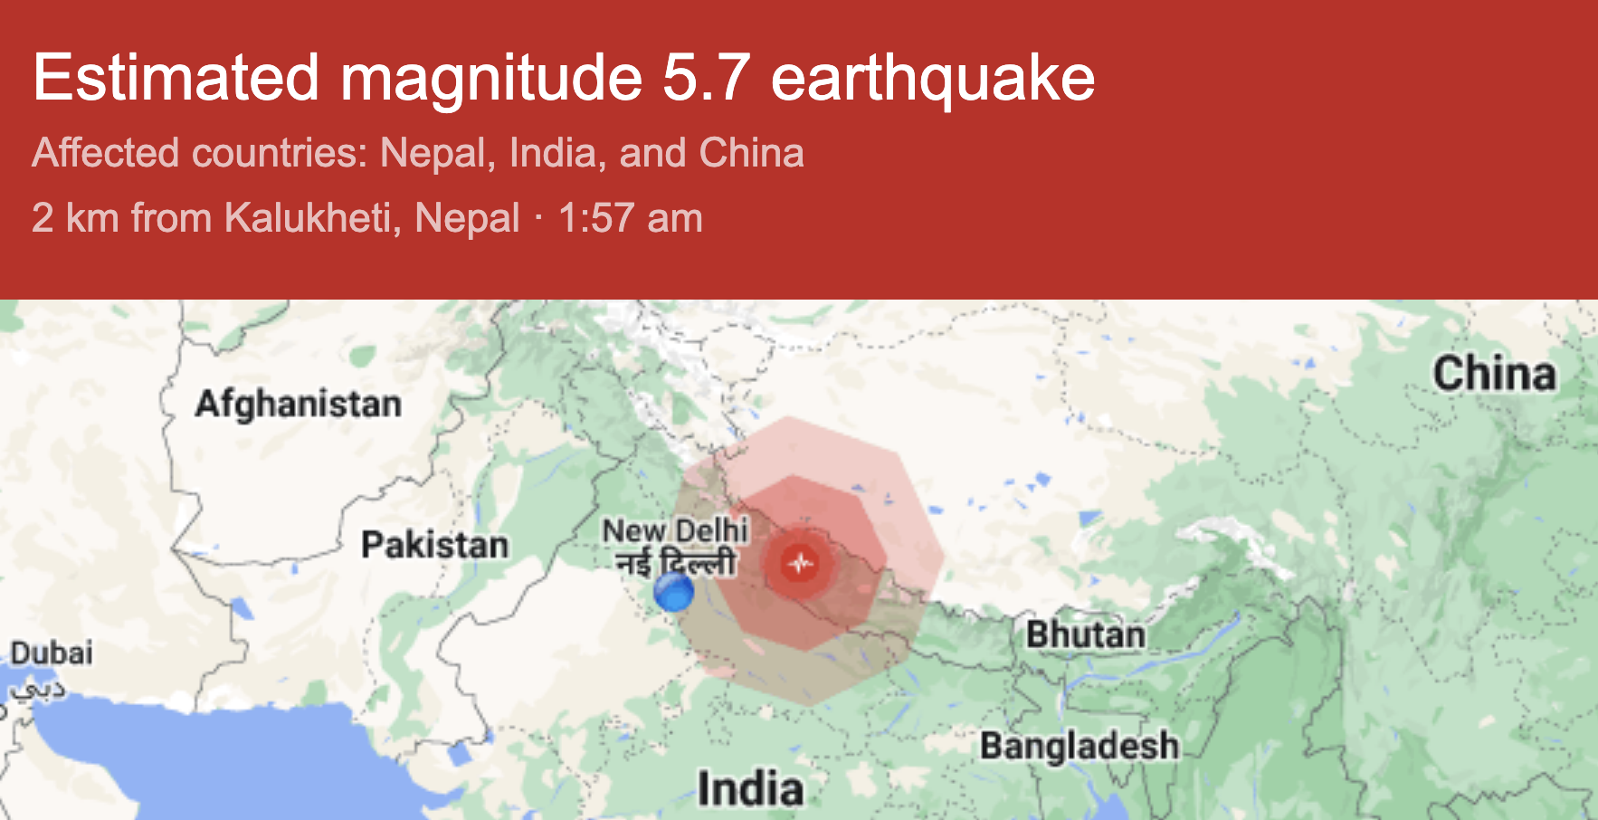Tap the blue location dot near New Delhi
(x=673, y=593)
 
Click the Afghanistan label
(x=298, y=404)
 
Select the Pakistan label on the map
(x=434, y=545)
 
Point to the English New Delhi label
(x=675, y=529)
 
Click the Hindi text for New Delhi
(x=676, y=564)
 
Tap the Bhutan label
(x=1085, y=634)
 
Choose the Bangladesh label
(x=1080, y=746)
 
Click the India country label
(x=750, y=788)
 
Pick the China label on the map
(x=1494, y=374)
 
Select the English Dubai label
(x=52, y=653)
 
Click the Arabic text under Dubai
(x=38, y=691)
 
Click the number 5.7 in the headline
(x=706, y=78)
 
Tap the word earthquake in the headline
(x=933, y=78)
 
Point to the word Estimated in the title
(x=176, y=78)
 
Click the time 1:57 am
(x=630, y=218)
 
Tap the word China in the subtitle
(x=751, y=153)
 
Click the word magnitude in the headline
(x=491, y=78)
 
